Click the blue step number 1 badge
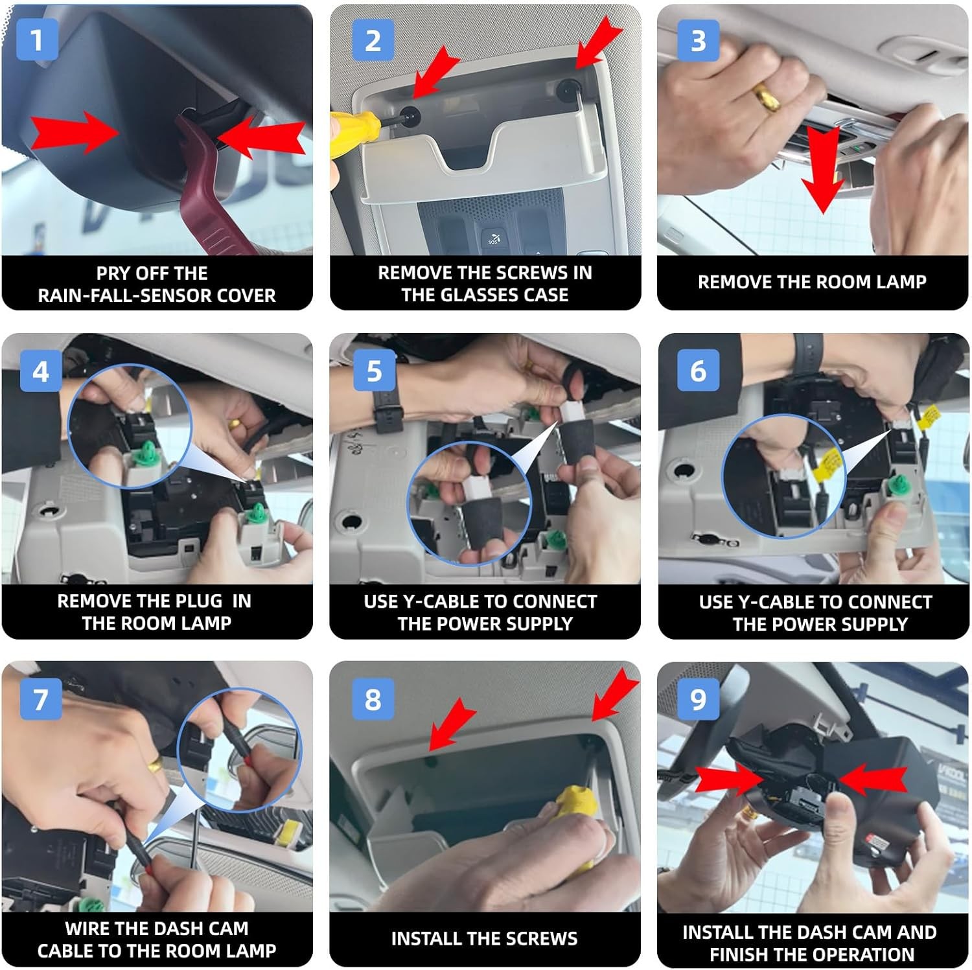click(37, 40)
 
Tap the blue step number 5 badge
click(374, 370)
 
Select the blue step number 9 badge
click(698, 699)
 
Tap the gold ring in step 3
click(767, 97)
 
